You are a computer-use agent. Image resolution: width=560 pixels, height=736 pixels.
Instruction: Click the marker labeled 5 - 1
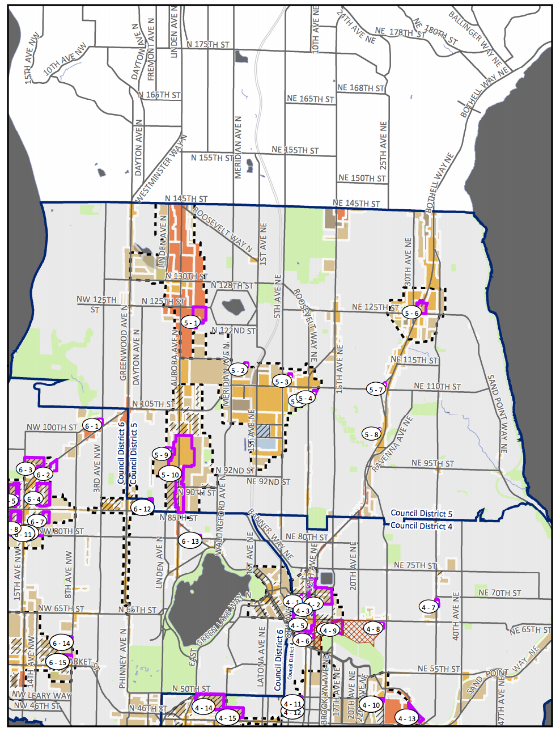(x=191, y=323)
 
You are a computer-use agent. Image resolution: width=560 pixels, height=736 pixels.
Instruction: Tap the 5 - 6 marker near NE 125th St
(x=411, y=313)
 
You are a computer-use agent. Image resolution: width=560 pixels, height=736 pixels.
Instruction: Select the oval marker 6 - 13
(x=190, y=541)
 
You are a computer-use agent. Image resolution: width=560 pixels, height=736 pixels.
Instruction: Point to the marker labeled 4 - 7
(x=429, y=607)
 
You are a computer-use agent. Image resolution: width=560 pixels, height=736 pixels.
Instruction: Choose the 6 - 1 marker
(x=92, y=425)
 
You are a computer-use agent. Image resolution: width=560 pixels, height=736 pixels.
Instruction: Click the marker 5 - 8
(x=372, y=434)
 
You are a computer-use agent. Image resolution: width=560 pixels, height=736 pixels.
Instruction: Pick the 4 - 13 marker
(x=406, y=718)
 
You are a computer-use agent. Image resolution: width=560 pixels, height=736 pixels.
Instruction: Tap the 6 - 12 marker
(x=142, y=509)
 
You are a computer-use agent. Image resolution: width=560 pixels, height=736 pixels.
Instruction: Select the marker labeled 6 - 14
(x=61, y=643)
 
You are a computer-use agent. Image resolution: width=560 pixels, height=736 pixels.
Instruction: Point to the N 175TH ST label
(x=208, y=44)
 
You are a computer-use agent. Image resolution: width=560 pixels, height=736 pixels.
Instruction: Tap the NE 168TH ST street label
(x=361, y=88)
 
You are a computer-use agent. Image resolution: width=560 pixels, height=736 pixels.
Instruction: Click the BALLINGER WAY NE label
(x=475, y=38)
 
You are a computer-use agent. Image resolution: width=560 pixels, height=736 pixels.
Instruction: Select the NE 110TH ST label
(x=437, y=386)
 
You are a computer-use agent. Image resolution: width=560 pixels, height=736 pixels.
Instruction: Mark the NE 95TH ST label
(x=432, y=463)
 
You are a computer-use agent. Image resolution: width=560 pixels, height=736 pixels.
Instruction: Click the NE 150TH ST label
(x=362, y=178)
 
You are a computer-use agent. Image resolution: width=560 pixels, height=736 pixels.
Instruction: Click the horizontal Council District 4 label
(x=421, y=526)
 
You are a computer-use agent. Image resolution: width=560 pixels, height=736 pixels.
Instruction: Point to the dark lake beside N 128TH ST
(x=233, y=307)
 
